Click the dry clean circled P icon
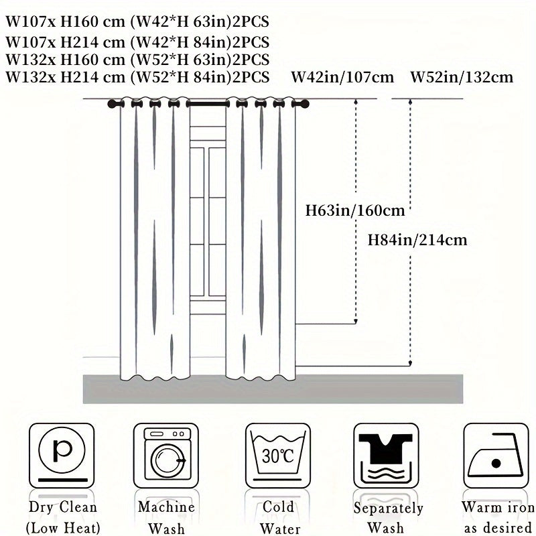tap(62, 456)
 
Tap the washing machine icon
tap(166, 456)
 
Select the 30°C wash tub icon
tap(278, 456)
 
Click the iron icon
tap(496, 456)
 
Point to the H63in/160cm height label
tap(354, 211)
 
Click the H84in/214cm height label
tap(417, 239)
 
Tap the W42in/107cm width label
tap(342, 77)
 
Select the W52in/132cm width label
tap(462, 77)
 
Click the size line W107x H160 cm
tap(137, 22)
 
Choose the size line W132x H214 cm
tap(137, 76)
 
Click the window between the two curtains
tap(207, 201)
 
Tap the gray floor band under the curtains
tap(268, 389)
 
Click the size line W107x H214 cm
tap(137, 40)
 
